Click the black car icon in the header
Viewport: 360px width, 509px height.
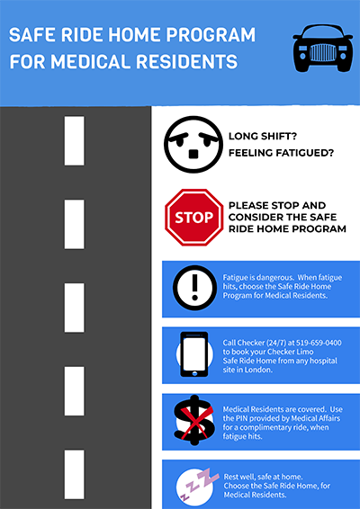322,48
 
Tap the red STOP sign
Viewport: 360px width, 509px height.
194,217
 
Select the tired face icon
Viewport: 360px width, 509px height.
193,144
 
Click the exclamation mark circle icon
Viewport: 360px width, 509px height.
194,288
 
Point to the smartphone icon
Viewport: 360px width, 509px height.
194,354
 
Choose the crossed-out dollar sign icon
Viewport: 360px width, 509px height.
194,420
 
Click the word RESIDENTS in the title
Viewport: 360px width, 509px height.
187,62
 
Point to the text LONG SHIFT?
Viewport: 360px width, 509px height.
263,137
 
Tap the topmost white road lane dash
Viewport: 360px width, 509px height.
74,141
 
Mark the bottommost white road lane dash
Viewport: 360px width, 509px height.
74,474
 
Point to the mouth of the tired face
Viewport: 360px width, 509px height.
193,154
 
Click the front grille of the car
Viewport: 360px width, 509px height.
322,52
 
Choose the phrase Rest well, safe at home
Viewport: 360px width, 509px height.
263,477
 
